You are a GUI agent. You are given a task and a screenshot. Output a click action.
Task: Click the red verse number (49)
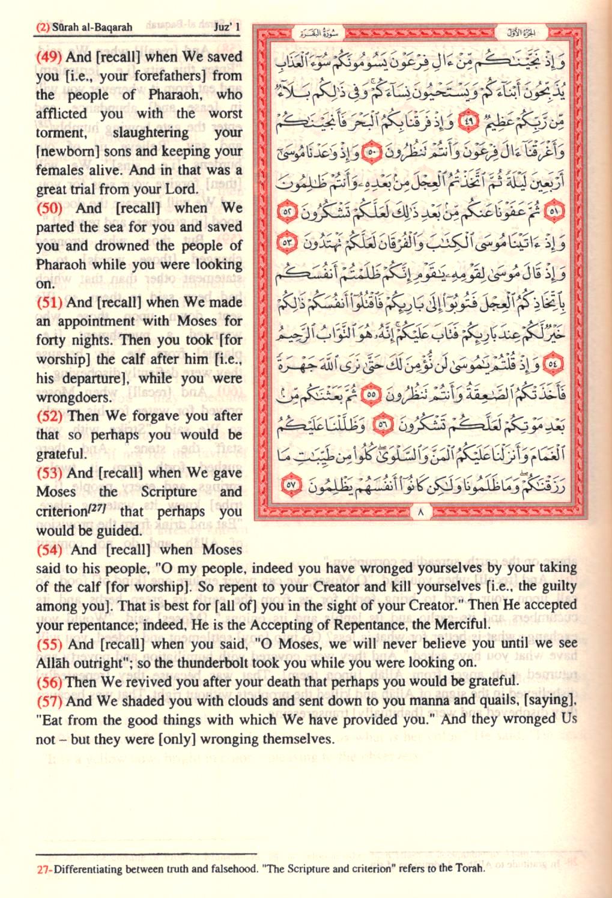49,57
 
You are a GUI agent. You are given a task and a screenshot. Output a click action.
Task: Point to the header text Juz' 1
226,26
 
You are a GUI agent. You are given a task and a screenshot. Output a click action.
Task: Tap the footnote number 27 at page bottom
42,869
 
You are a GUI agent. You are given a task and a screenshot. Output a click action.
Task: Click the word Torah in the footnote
469,868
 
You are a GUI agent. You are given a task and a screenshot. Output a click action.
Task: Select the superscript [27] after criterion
97,509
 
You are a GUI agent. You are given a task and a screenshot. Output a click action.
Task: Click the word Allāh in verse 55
52,663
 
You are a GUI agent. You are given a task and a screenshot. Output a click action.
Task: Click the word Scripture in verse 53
169,491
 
